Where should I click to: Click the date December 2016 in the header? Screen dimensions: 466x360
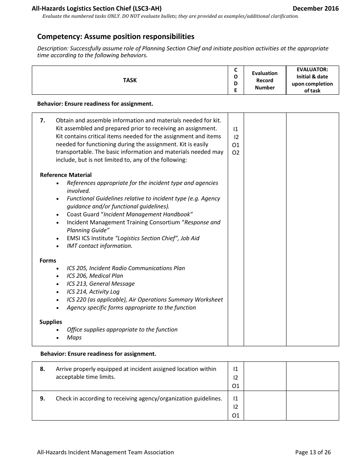coord(316,8)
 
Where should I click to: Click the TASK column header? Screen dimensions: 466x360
coord(130,80)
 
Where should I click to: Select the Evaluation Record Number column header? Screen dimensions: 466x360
coord(265,80)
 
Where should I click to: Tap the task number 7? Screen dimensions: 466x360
coord(42,120)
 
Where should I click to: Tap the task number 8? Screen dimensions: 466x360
coord(42,369)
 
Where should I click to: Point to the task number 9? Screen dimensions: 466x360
coord(42,399)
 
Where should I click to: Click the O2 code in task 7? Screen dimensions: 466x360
coord(236,153)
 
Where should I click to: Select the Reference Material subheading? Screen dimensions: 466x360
coord(66,175)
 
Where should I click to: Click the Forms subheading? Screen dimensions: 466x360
coord(48,261)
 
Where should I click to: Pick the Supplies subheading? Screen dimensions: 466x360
coord(51,322)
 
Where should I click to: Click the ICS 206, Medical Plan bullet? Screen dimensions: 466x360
coord(95,276)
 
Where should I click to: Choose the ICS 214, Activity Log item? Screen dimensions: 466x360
coord(93,292)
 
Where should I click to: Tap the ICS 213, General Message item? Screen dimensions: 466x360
coord(101,284)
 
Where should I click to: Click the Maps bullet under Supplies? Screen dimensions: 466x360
coord(74,338)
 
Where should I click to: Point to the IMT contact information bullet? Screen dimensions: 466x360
coord(100,246)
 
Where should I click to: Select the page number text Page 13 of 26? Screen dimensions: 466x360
coord(313,452)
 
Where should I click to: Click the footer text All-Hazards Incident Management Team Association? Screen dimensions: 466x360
coord(105,452)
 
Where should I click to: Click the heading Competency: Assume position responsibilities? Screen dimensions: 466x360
coord(116,37)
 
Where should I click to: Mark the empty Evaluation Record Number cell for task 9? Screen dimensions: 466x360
coord(265,406)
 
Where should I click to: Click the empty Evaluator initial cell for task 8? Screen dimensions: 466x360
coord(312,376)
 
